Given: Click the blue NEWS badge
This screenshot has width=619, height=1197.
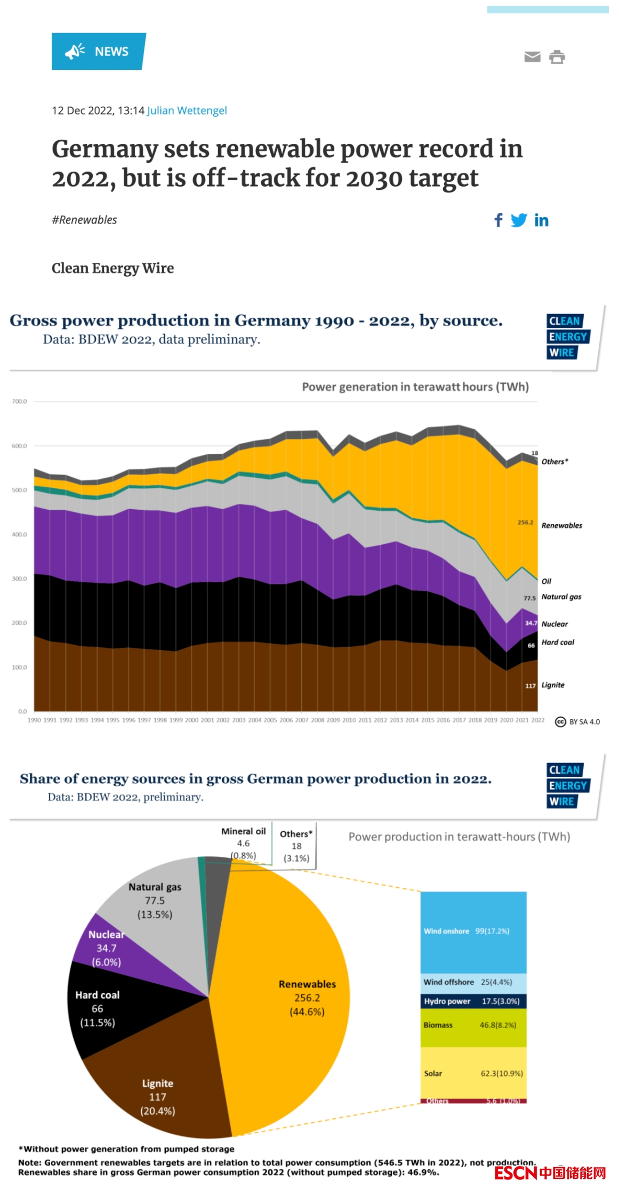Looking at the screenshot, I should click(x=98, y=51).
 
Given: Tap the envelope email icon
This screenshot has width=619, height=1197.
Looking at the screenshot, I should click(x=532, y=57).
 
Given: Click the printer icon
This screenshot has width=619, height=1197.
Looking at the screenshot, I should click(x=557, y=57).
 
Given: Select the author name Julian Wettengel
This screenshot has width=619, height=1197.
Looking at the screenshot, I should click(x=187, y=110).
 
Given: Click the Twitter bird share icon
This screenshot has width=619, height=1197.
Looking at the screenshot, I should click(x=518, y=220).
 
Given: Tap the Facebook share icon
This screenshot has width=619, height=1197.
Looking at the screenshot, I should click(x=499, y=220).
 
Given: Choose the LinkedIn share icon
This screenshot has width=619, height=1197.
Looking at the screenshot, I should click(x=541, y=220).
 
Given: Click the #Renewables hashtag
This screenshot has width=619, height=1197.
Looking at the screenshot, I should click(x=84, y=220).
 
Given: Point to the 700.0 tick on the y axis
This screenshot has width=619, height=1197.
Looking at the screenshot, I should click(x=19, y=401).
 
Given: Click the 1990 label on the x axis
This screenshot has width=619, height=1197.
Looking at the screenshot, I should click(x=34, y=720).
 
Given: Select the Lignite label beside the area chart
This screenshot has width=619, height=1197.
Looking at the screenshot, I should click(x=553, y=685).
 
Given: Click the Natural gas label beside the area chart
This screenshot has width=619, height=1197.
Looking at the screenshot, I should click(x=561, y=597).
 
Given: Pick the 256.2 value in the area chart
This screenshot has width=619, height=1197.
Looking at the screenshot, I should click(x=525, y=523).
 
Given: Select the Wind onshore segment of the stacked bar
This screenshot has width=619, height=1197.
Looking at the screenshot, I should click(x=473, y=931).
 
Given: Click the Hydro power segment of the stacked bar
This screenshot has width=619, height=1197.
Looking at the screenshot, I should click(x=473, y=1001).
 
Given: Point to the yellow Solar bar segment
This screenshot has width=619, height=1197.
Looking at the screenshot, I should click(x=473, y=1073).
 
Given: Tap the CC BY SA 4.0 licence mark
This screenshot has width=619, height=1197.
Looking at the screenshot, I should click(x=577, y=722).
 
